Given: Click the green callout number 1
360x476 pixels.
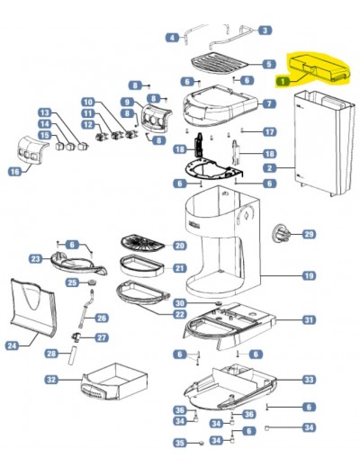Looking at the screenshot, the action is pos(283,81).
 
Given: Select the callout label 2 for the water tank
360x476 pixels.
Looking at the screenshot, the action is pos(269,167).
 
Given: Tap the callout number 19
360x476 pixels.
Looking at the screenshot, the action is pos(309,275).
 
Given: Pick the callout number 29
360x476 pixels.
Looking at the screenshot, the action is pos(309,234).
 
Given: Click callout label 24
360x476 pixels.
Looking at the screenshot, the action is pos(12,346).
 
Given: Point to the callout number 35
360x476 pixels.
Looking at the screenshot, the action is pos(180,443).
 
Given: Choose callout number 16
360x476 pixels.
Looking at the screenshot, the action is pos(14,172).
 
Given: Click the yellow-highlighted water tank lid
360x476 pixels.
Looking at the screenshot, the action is pos(319,67).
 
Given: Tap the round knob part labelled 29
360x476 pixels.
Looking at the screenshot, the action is pos(281,234).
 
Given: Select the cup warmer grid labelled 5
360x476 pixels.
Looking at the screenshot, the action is pos(220,64).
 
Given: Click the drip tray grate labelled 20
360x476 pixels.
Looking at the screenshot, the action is pos(143,244).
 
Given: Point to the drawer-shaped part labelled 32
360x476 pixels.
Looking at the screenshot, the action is pos(114,382).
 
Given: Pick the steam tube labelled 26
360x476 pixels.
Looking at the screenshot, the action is pos(86,309).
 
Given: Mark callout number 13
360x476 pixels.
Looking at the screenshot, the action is pos(45,112).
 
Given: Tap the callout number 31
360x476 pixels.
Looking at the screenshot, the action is pos(309,319).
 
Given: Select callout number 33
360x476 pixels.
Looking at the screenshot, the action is pos(309,380).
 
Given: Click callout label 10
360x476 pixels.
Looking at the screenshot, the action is pos(88,102).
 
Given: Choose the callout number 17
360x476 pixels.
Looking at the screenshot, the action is pos(269,131).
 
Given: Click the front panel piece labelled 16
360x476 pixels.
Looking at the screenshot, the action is pos(31,150).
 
